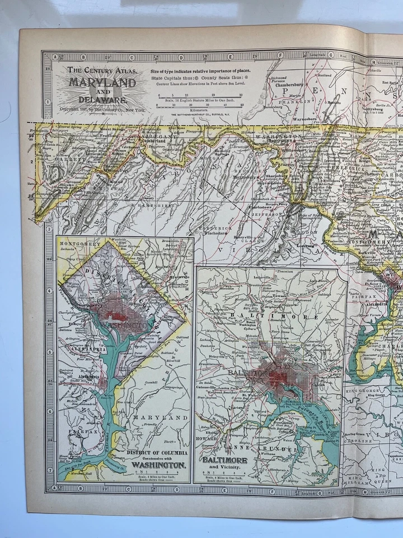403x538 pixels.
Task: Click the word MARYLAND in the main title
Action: tap(101, 82)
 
